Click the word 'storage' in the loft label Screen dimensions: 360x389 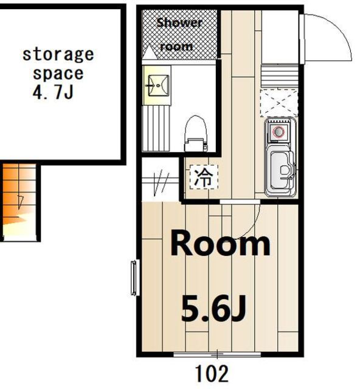pyautogui.click(x=58, y=55)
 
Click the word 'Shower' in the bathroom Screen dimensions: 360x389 pyautogui.click(x=179, y=23)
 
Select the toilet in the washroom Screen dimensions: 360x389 pyautogui.click(x=196, y=134)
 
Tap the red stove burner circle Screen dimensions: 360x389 pyautogui.click(x=278, y=131)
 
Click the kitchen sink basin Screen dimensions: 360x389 pyautogui.click(x=280, y=170)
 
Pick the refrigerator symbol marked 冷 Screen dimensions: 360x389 pyautogui.click(x=204, y=177)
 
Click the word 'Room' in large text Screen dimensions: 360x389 pyautogui.click(x=221, y=243)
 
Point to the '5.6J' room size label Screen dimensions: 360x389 pyautogui.click(x=214, y=309)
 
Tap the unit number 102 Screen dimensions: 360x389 pyautogui.click(x=212, y=374)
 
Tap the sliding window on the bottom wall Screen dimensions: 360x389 pyautogui.click(x=217, y=354)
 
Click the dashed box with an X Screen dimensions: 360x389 pyautogui.click(x=279, y=103)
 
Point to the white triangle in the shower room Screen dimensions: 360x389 pyautogui.click(x=149, y=52)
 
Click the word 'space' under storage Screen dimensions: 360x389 pyautogui.click(x=58, y=74)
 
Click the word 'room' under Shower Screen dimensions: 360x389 pyautogui.click(x=176, y=47)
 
